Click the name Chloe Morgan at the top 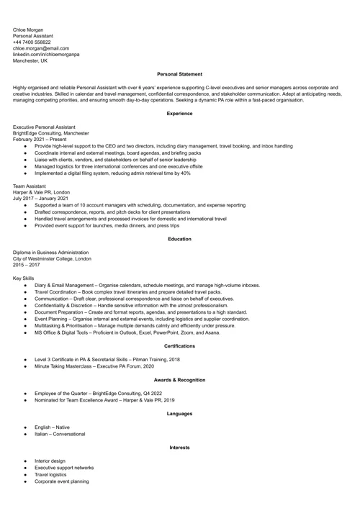click(x=28, y=30)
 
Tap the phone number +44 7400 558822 click(x=32, y=42)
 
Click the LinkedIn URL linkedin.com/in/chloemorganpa click(x=46, y=55)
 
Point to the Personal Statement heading click(x=179, y=74)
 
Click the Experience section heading click(x=179, y=114)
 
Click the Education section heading click(x=179, y=239)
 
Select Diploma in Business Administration click(x=51, y=253)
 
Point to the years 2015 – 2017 click(x=27, y=265)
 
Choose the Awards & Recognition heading click(x=179, y=380)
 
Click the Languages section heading click(x=179, y=414)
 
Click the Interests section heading click(x=179, y=448)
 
